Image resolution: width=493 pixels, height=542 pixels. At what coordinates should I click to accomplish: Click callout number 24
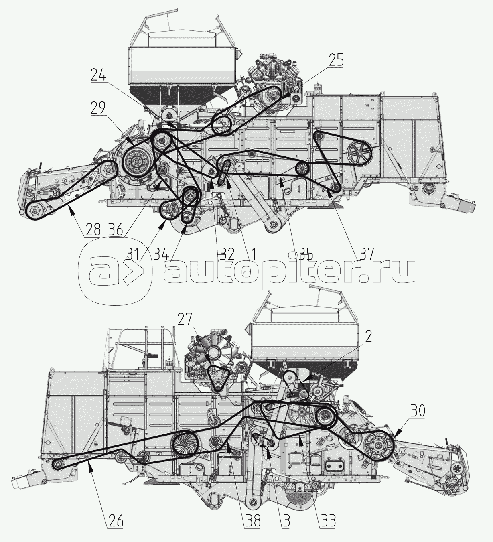(x=99, y=76)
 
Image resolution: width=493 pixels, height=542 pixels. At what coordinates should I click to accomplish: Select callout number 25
(x=336, y=60)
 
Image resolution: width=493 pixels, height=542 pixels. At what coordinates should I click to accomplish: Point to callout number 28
(x=93, y=230)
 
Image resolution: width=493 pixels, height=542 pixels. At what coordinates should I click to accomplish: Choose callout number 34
(x=161, y=254)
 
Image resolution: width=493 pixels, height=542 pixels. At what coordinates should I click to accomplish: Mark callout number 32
(x=227, y=254)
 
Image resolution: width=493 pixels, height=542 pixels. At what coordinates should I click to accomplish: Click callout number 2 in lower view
(x=369, y=336)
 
